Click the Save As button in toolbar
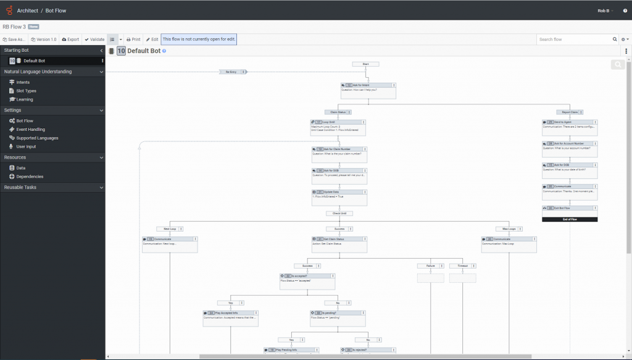(x=14, y=40)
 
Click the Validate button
(x=94, y=40)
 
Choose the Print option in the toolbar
(x=133, y=40)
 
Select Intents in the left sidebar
(x=22, y=82)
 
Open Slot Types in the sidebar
(x=26, y=91)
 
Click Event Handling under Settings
(x=30, y=130)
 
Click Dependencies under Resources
(x=30, y=177)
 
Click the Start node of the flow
(x=366, y=64)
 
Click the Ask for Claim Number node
(x=339, y=149)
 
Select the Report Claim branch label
(x=569, y=112)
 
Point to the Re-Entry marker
(x=231, y=72)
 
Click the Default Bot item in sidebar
(x=34, y=61)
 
